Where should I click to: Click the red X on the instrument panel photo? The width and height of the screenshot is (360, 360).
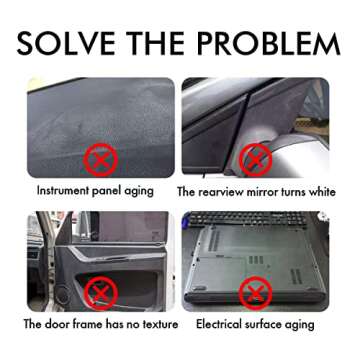coord(100,160)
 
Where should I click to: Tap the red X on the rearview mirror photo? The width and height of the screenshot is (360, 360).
coord(256,160)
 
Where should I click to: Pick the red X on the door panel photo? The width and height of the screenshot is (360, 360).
coord(100,294)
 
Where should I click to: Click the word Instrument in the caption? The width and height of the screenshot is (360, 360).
coord(61,191)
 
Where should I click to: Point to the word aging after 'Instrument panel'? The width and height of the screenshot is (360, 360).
coord(138,192)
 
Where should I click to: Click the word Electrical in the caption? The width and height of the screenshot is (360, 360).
coord(218,324)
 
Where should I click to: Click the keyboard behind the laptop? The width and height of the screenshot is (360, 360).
coord(247,218)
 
